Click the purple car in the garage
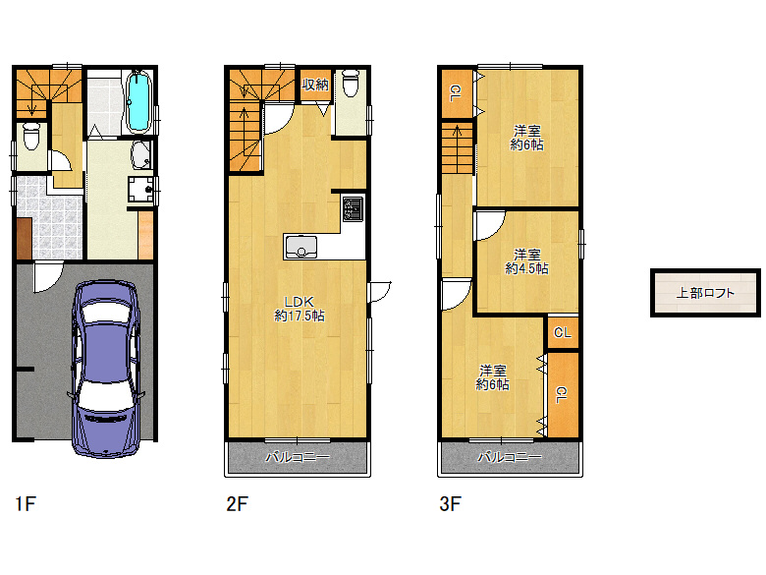pos(106,370)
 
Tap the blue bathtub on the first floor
pos(139,101)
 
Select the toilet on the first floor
pos(31,136)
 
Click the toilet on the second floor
pos(351,84)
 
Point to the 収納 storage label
pos(315,85)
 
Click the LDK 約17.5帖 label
pos(300,309)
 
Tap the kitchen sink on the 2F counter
pos(301,247)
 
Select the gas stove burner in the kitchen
pos(353,208)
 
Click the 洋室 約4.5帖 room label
pos(526,261)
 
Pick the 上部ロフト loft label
pos(705,293)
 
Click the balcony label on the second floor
pos(298,458)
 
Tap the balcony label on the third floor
pos(510,458)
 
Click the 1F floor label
pos(26,503)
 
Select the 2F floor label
pos(238,503)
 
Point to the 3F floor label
pos(451,503)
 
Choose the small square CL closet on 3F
pos(563,332)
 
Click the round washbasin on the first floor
pos(141,155)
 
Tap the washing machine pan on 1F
pos(141,190)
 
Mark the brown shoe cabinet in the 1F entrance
pos(24,239)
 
